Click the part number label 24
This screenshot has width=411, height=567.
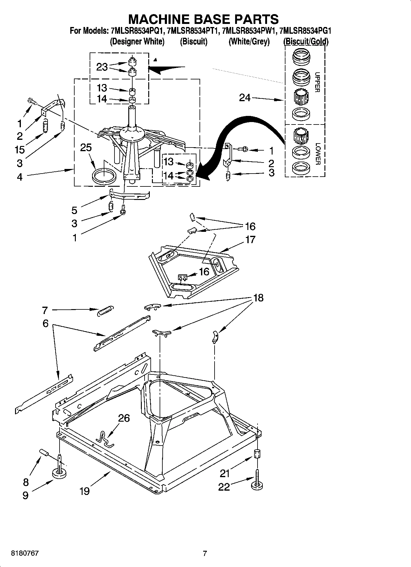(x=245, y=98)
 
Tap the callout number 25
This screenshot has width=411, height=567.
(x=86, y=147)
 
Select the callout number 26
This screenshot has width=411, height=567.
(x=124, y=418)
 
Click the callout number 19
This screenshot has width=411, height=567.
(x=85, y=491)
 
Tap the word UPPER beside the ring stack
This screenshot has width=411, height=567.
(x=317, y=82)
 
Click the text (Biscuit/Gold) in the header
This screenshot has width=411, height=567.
(x=306, y=42)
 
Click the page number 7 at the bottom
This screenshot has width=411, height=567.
(x=205, y=554)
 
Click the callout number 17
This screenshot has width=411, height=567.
(x=250, y=239)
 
